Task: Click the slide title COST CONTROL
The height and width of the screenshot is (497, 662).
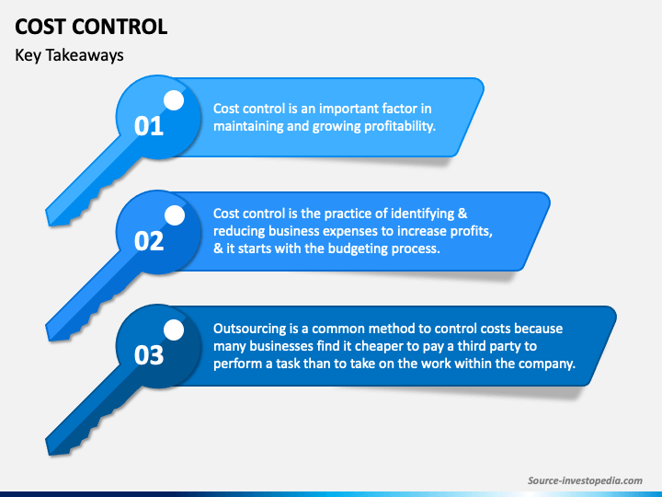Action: click(x=91, y=26)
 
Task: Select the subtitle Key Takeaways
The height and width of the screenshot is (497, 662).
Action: click(x=69, y=55)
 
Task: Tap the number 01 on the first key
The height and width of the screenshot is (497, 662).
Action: click(x=148, y=126)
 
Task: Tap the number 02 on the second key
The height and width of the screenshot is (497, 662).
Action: click(x=148, y=241)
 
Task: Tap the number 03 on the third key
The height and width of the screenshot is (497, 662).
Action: click(x=148, y=355)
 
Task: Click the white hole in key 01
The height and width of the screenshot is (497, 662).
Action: click(x=174, y=99)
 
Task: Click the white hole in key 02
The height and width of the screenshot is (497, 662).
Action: click(x=174, y=214)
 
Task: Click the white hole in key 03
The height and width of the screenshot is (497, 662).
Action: click(x=174, y=329)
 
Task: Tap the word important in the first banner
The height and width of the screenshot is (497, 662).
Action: click(x=335, y=109)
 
